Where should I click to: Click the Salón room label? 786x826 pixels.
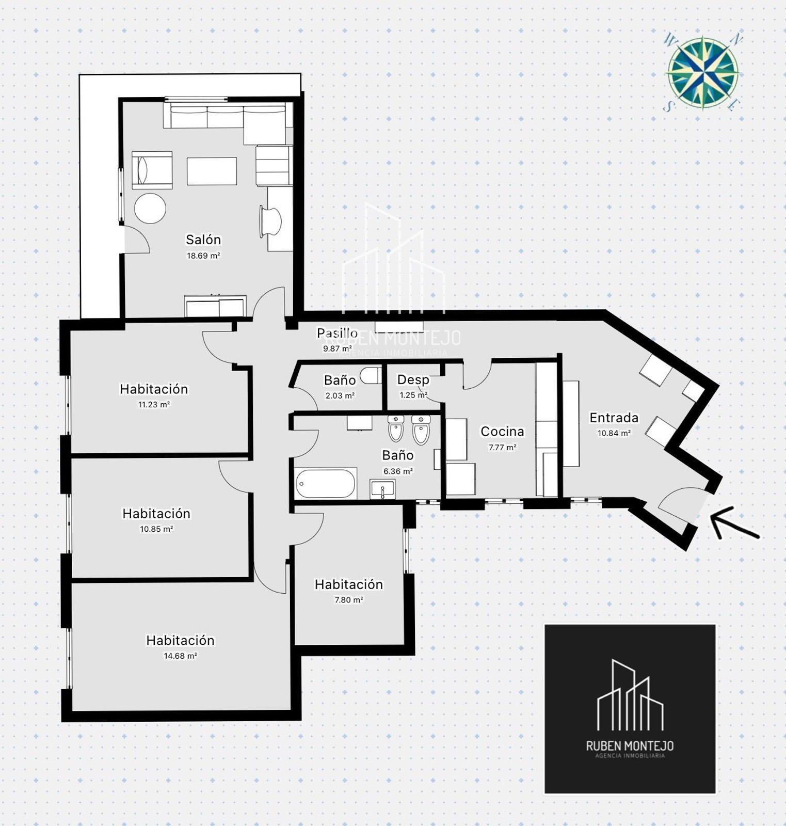click(203, 240)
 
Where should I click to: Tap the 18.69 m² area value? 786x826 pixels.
click(203, 256)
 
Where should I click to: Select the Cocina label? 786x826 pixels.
click(502, 431)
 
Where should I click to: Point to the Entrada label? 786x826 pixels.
click(614, 417)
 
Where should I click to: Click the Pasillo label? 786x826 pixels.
click(337, 333)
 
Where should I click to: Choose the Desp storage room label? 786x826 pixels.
click(413, 380)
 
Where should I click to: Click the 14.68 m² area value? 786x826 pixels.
click(180, 656)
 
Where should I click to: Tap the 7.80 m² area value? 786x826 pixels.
click(349, 600)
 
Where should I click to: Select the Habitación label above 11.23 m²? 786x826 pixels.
click(154, 389)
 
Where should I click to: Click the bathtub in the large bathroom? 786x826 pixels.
click(326, 483)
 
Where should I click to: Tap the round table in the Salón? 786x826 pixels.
click(150, 209)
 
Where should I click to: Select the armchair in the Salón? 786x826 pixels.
click(152, 170)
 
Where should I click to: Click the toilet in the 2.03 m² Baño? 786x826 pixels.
click(371, 375)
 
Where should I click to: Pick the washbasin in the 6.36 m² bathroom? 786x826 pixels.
click(382, 488)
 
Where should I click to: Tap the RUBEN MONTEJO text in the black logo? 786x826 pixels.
click(630, 745)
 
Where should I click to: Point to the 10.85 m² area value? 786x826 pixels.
click(156, 529)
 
